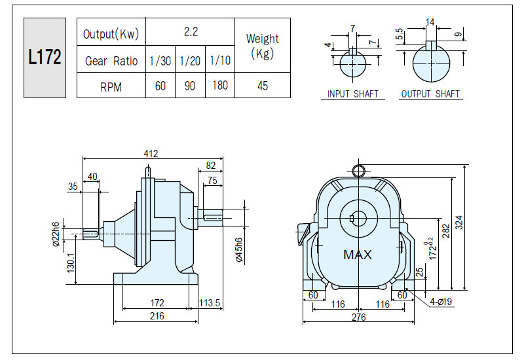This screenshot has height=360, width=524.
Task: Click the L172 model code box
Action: [x=45, y=58]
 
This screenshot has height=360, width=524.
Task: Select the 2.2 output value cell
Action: [x=191, y=31]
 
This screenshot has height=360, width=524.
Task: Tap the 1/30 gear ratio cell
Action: [x=160, y=59]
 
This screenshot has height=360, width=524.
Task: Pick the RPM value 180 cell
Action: [x=220, y=85]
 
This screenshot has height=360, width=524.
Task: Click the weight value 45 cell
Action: [x=263, y=86]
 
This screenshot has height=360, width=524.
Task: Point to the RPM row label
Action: [x=111, y=87]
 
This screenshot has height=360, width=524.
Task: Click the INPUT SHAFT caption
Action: [x=352, y=94]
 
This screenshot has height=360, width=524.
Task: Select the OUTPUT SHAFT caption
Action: [x=430, y=94]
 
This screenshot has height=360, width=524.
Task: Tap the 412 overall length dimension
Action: [x=151, y=153]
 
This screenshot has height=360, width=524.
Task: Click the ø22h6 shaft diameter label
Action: [x=56, y=234]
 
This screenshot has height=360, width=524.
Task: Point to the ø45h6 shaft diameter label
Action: [x=239, y=250]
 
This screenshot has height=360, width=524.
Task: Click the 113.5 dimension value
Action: [x=210, y=302]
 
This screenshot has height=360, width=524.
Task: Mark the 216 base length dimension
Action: [x=157, y=315]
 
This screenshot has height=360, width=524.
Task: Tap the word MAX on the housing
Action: [x=357, y=255]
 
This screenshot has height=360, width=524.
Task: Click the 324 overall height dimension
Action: [x=459, y=223]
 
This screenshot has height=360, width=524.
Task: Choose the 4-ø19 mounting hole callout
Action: [x=441, y=302]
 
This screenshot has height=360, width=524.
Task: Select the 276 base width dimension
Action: [x=358, y=317]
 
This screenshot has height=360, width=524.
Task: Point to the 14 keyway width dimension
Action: [x=430, y=22]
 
